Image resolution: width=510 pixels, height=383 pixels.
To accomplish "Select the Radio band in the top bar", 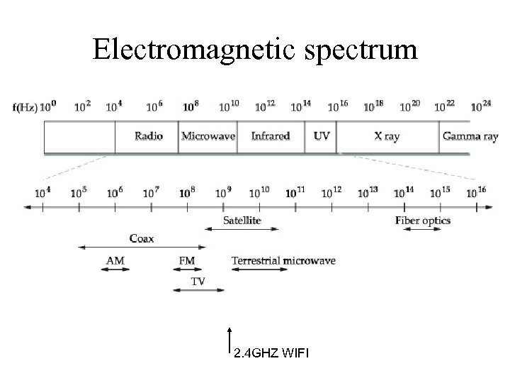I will [x=149, y=135].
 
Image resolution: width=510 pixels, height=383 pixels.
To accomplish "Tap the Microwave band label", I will [x=208, y=135].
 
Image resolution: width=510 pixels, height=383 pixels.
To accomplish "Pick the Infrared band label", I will [x=271, y=135].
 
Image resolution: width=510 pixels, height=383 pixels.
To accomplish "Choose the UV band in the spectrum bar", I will [x=321, y=135].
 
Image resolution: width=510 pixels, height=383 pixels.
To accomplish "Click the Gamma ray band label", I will [x=470, y=135].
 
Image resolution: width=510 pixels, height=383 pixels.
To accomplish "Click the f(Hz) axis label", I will [x=25, y=108].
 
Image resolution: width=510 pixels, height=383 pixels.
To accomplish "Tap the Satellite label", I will [x=242, y=221].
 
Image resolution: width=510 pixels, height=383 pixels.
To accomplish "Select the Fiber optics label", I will [x=423, y=221].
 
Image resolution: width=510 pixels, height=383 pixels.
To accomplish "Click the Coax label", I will [x=142, y=238].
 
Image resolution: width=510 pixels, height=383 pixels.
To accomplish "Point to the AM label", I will [x=115, y=260].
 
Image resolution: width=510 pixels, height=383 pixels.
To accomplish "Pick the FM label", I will [x=187, y=260].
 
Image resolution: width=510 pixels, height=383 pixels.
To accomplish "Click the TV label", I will [x=199, y=281].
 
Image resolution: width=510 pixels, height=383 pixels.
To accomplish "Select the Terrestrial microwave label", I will [x=283, y=260].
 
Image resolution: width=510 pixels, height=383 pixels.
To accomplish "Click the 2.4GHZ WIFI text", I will [x=271, y=353].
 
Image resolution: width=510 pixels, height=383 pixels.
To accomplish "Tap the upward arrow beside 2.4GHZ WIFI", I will [x=229, y=339].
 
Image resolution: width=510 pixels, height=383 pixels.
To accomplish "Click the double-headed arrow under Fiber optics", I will [x=422, y=229].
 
